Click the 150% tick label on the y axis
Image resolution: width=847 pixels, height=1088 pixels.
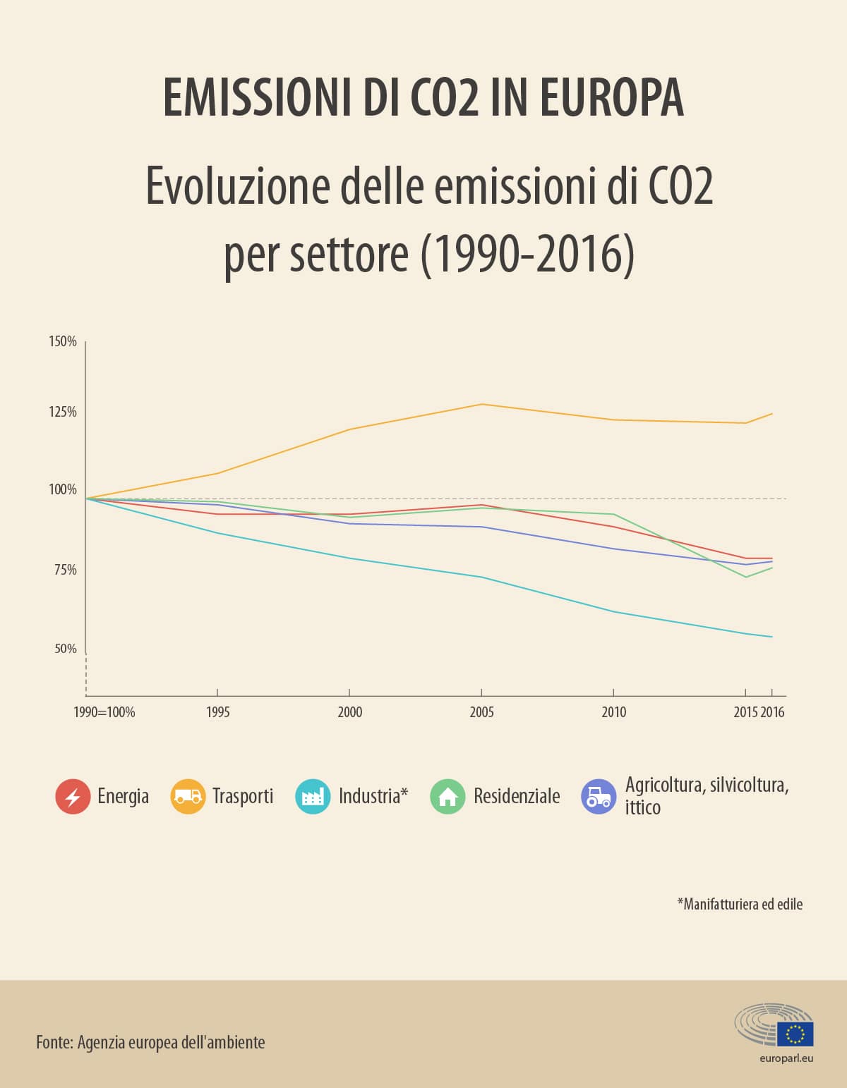pos(63,341)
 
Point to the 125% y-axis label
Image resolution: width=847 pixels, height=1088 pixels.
pos(63,412)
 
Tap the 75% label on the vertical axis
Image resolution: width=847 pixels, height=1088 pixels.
pos(66,570)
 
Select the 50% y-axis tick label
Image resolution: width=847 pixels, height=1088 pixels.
pos(66,649)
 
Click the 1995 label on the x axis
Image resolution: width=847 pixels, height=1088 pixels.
pos(218,712)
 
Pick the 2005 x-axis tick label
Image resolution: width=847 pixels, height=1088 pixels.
pos(481,712)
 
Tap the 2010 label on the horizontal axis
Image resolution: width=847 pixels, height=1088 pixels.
pos(614,712)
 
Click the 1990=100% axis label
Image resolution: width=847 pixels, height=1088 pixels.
pos(104,712)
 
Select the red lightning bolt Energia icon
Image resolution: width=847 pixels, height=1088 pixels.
pos(73,797)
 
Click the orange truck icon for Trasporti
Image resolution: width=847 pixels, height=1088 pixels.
pos(188,797)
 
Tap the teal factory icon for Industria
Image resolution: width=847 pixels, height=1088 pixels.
pos(313,797)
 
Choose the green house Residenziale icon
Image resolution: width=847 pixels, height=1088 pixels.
pos(448,797)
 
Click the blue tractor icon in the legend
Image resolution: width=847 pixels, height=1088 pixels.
pos(599,797)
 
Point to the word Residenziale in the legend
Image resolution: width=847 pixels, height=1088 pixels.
pos(517,796)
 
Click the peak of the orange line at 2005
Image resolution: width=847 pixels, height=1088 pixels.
pos(481,404)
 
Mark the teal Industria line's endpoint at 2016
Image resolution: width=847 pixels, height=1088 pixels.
pos(771,637)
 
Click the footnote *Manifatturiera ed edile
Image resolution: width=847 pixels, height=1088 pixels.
pos(740,904)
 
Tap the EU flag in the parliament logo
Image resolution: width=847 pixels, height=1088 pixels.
pos(795,1034)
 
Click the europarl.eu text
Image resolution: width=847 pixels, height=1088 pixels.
pos(786,1058)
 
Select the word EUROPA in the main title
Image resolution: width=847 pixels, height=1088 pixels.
pos(612,97)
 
